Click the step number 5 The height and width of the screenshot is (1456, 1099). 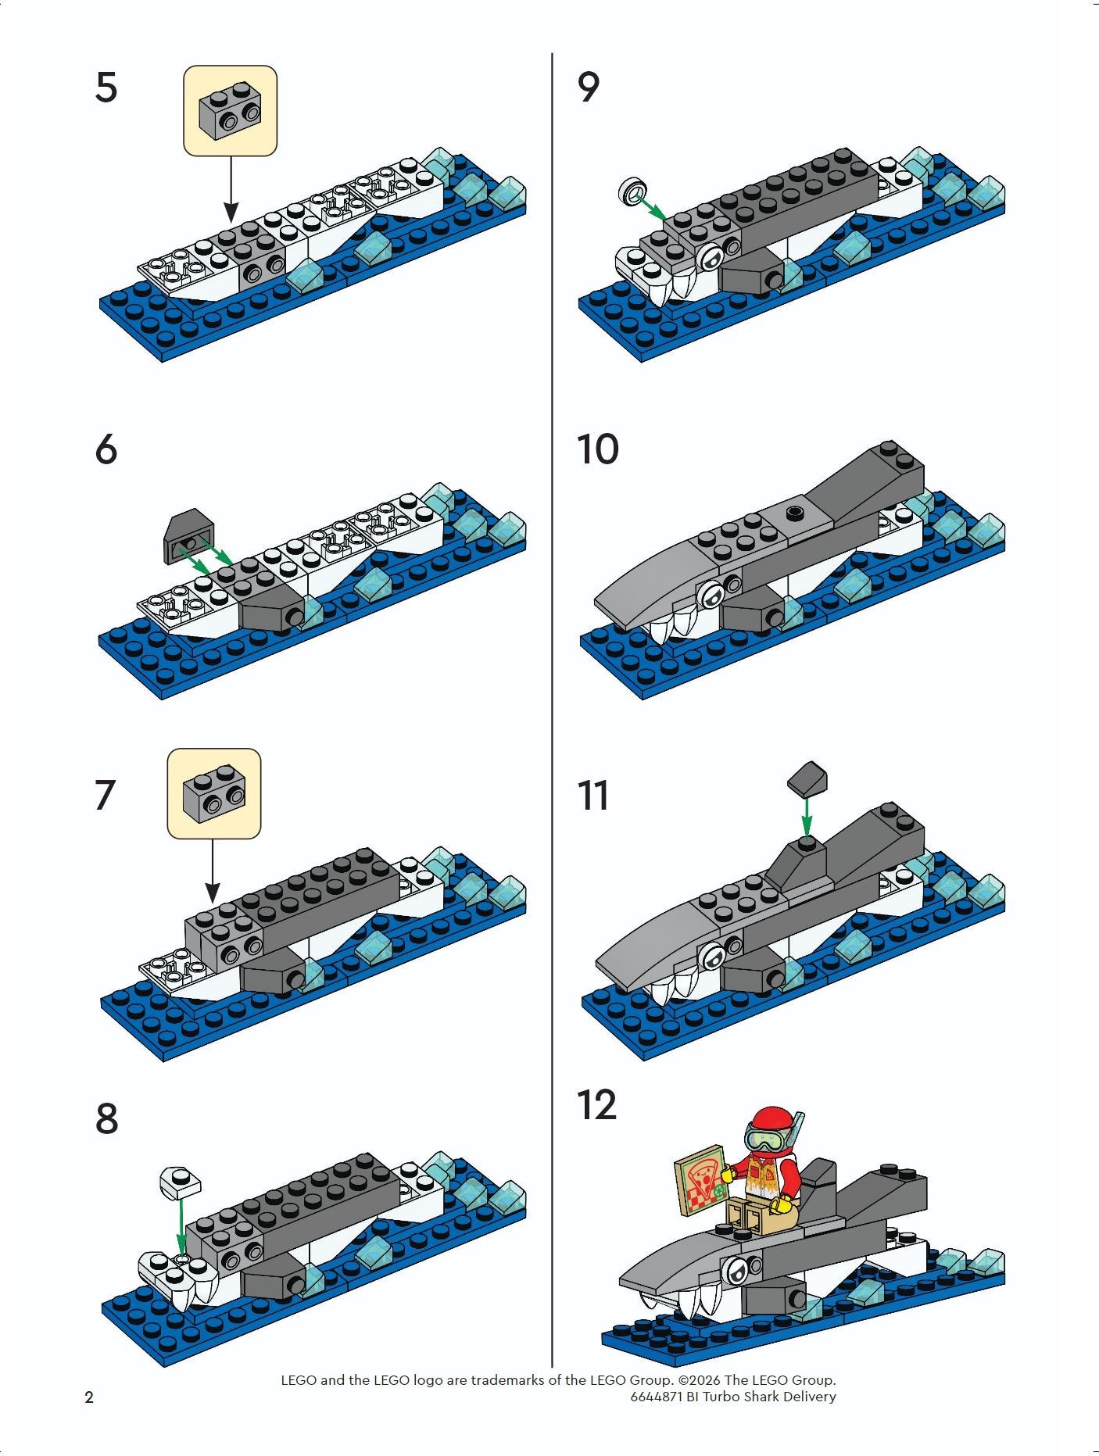point(106,87)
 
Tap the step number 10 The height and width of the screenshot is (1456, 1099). point(597,449)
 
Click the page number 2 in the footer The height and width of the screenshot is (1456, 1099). point(89,1397)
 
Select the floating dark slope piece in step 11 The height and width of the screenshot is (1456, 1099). point(805,778)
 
